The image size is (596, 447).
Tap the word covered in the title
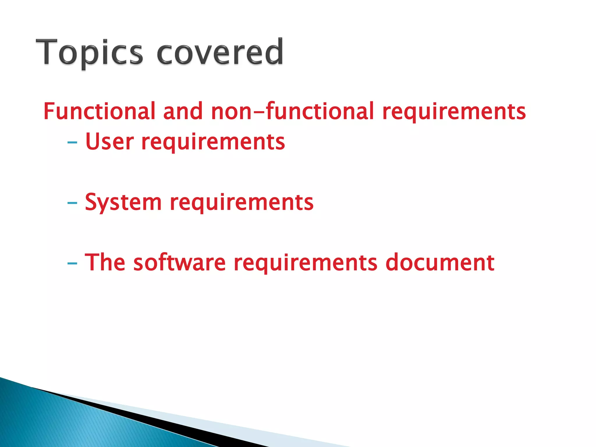(x=220, y=52)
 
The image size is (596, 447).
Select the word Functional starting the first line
(x=99, y=111)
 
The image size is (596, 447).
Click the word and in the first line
(x=183, y=111)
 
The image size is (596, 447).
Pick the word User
(x=109, y=142)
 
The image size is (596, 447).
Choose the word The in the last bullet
(x=105, y=262)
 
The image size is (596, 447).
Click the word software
(x=179, y=262)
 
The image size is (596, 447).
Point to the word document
(x=440, y=262)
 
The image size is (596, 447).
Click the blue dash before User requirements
(x=72, y=143)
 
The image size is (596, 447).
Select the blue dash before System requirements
(x=72, y=203)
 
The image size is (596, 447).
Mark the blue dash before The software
(x=72, y=264)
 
